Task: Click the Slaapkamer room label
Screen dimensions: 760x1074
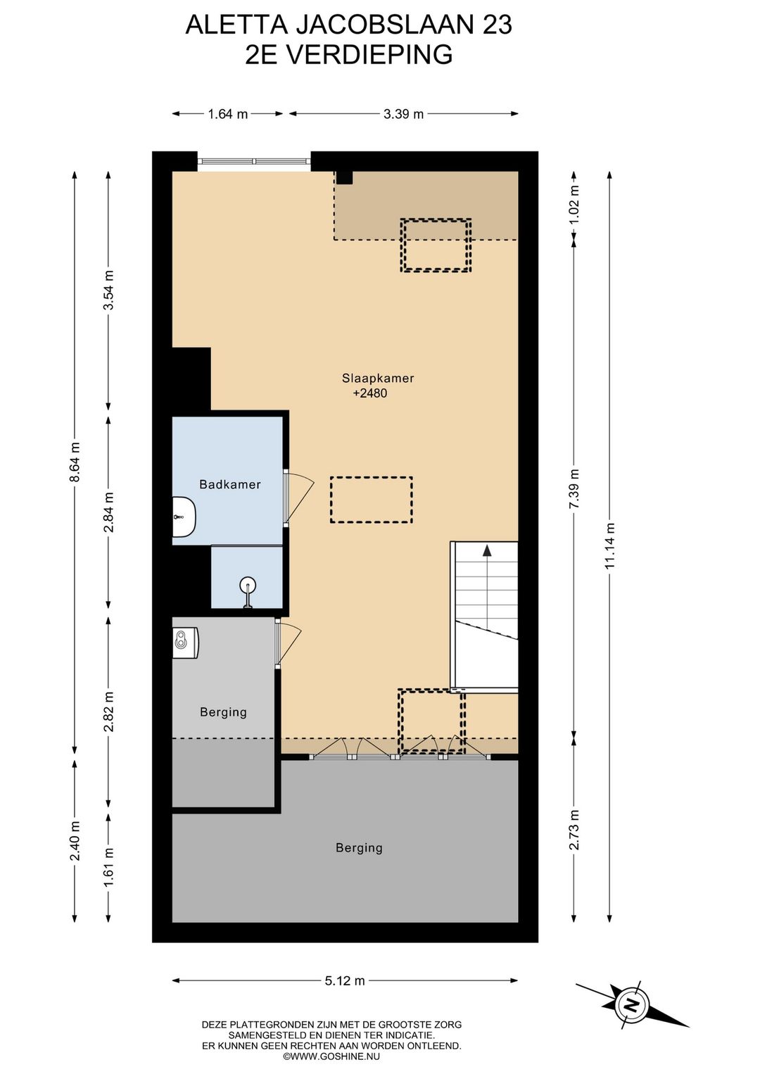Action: tap(378, 378)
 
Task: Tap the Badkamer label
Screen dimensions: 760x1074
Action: tap(230, 484)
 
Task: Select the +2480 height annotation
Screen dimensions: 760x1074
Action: tap(369, 393)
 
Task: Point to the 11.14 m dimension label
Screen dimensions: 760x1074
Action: tap(609, 545)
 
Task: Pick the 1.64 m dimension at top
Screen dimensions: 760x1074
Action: tap(228, 114)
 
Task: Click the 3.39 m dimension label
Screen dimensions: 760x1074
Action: tap(404, 114)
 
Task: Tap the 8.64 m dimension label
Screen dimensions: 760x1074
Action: tap(75, 462)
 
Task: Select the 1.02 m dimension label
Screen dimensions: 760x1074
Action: tap(575, 203)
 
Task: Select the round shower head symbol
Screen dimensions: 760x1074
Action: tap(248, 586)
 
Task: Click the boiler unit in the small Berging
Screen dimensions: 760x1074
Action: tap(186, 638)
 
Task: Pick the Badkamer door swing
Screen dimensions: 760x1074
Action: tap(299, 498)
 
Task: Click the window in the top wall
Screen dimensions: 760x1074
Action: tap(253, 162)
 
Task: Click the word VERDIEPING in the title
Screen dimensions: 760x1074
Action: tap(369, 54)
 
